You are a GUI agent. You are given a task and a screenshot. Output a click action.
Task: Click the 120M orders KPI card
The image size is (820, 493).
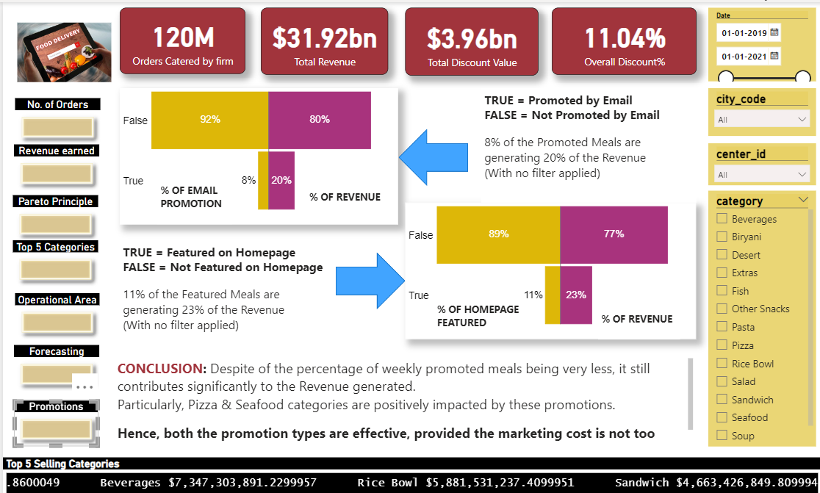tap(182, 41)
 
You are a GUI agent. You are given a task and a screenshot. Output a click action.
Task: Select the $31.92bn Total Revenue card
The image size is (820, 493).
tap(324, 41)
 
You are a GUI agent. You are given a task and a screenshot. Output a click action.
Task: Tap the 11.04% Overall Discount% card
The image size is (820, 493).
tap(624, 41)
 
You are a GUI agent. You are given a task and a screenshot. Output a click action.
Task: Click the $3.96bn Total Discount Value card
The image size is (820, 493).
tap(472, 41)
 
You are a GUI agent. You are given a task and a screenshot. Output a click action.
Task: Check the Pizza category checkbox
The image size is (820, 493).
tap(722, 345)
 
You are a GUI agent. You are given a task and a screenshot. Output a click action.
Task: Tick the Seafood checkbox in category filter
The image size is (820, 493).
tap(722, 417)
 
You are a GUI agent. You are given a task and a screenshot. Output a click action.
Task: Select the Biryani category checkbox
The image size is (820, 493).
tap(722, 237)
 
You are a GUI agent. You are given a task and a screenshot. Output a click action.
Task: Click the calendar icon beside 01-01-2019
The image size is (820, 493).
tap(774, 32)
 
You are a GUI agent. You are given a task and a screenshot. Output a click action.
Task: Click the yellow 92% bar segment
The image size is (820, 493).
tap(209, 119)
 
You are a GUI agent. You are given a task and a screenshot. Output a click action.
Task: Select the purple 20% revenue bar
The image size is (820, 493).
tap(281, 180)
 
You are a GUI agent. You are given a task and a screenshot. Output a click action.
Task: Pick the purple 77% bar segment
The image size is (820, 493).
tap(614, 234)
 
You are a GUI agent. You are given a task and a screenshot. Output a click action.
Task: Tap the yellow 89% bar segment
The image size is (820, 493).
tap(498, 234)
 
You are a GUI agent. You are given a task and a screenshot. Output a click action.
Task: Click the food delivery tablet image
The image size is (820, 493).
tap(64, 52)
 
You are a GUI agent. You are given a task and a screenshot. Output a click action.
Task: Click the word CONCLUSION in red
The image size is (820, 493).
tap(160, 368)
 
